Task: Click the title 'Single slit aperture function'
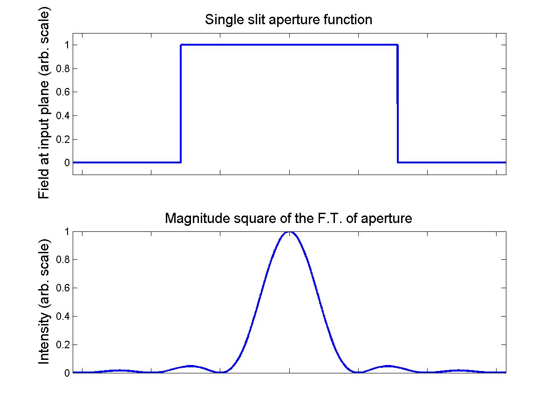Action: point(288,20)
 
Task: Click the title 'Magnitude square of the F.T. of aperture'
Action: point(288,218)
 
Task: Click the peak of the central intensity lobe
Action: point(289,232)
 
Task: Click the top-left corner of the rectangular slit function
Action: point(181,45)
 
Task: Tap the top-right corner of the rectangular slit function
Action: point(397,45)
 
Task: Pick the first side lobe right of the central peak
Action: point(388,366)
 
